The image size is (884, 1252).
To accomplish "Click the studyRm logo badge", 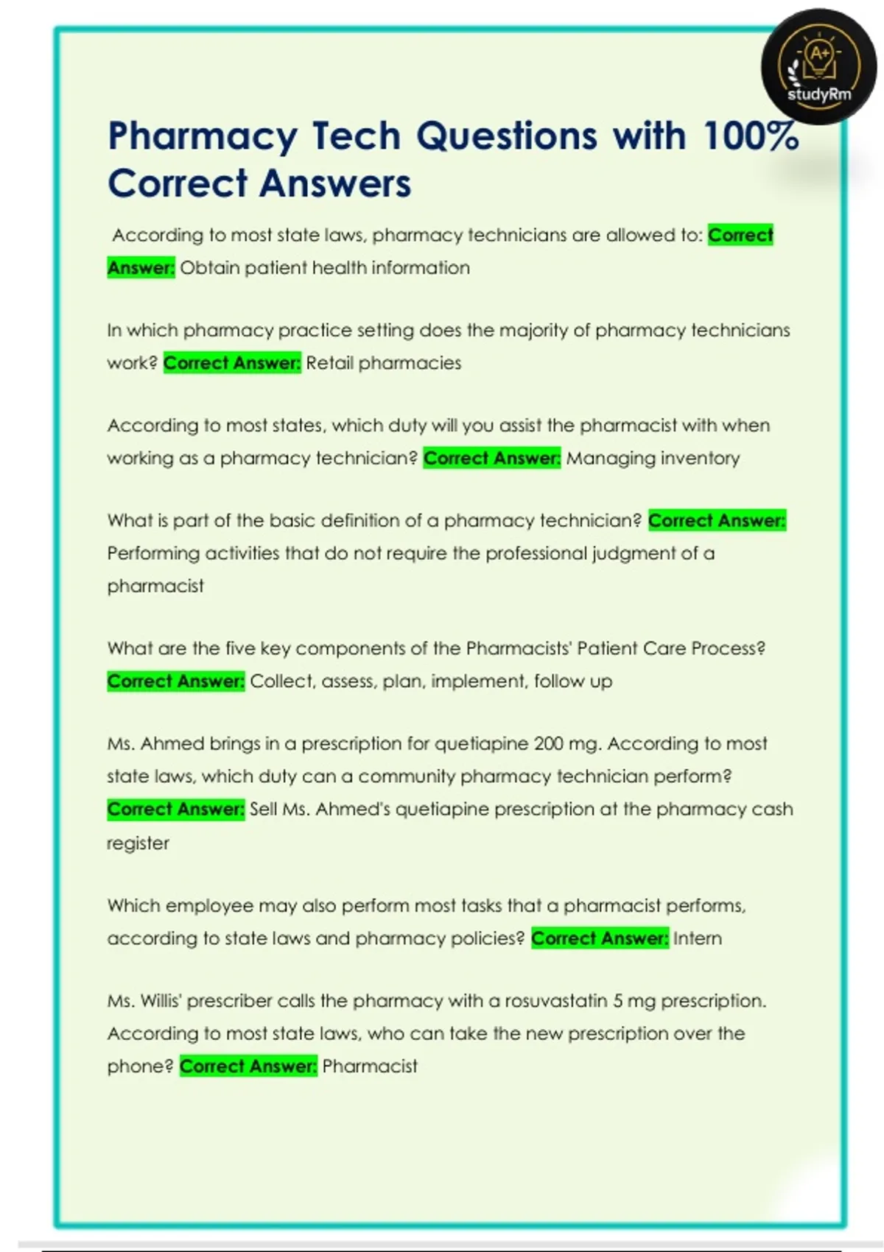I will [x=818, y=67].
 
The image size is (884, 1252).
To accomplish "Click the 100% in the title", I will [x=751, y=136].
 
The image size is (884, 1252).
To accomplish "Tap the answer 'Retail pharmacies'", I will [x=383, y=363].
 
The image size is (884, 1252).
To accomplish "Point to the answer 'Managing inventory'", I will [x=653, y=458].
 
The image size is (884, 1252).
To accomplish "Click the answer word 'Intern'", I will [x=697, y=938].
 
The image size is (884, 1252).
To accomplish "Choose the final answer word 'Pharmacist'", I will [x=370, y=1066].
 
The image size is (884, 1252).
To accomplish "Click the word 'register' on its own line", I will [x=138, y=843].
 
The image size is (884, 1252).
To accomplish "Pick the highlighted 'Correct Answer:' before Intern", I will [x=600, y=938].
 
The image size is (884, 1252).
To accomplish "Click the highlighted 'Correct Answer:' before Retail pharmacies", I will [x=232, y=363].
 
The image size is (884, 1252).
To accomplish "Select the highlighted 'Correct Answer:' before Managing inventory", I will [x=492, y=458].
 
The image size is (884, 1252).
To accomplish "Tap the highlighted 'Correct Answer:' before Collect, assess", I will [x=175, y=681].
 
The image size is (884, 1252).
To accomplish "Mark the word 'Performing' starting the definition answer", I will [x=153, y=554].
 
